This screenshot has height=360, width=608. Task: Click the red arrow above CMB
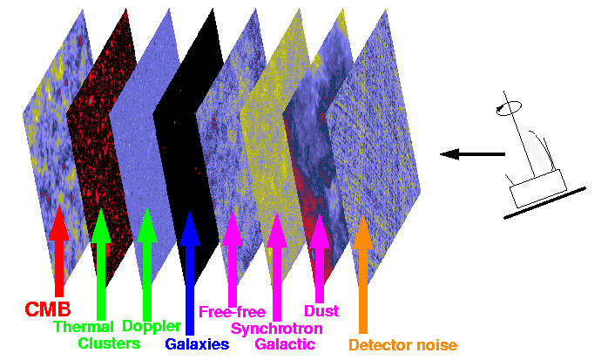tap(59, 251)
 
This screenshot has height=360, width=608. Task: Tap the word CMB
tap(48, 309)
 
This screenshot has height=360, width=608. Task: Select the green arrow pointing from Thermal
tap(101, 265)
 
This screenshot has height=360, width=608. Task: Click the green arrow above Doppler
tap(147, 265)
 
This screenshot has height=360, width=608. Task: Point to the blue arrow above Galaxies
tap(190, 273)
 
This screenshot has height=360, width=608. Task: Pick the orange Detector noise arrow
tap(363, 275)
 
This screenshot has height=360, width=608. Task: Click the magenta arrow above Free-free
tap(233, 259)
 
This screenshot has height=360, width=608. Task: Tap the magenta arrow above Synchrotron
tap(276, 267)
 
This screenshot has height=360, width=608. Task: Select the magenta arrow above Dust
tap(319, 258)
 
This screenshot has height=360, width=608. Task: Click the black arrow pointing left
tap(472, 154)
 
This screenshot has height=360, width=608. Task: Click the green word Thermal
tap(84, 327)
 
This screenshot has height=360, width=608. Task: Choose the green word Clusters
tap(109, 343)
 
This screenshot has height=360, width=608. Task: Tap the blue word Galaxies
tap(197, 344)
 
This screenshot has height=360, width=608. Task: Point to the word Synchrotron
tap(277, 329)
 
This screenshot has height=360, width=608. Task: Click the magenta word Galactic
tap(285, 344)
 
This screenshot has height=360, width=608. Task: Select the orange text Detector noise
tap(403, 345)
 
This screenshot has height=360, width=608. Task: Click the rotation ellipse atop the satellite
tap(509, 107)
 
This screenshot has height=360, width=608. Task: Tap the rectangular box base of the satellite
tap(537, 188)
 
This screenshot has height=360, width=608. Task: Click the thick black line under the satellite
tap(544, 203)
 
